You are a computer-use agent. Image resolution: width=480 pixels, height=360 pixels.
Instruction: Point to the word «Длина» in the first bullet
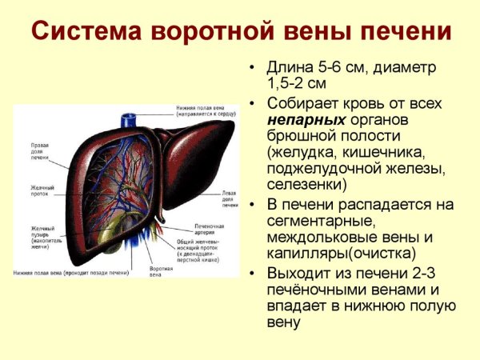coord(288,67)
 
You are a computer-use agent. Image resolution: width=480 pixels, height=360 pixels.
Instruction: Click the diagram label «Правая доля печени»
coord(40,152)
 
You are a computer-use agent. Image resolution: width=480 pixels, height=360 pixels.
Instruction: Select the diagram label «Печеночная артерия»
coord(209,230)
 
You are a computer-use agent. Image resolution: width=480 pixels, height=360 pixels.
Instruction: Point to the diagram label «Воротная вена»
coord(161,271)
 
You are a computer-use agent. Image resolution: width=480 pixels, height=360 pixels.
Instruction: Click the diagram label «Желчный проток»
coord(41,191)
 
